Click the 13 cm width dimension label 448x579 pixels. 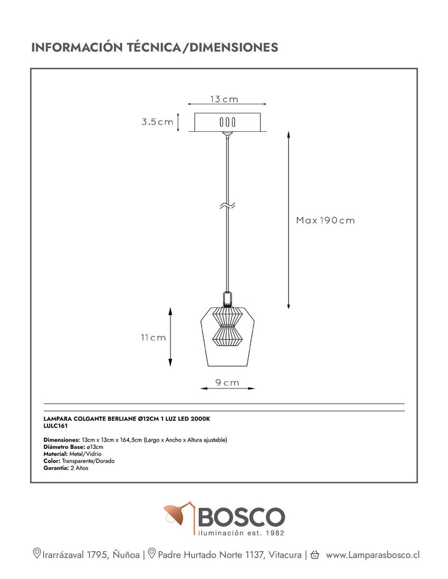click(224, 99)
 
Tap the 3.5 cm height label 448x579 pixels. click(157, 122)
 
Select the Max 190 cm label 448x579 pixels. click(326, 221)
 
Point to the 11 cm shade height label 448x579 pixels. click(153, 338)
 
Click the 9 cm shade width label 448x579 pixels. click(227, 383)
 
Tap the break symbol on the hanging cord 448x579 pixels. click(228, 206)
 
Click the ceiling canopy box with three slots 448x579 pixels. click(228, 122)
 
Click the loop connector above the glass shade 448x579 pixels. click(228, 299)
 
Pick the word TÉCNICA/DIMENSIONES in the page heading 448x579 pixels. click(202, 47)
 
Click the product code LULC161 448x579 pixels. click(56, 426)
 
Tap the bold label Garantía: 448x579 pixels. click(56, 468)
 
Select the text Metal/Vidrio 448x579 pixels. click(86, 454)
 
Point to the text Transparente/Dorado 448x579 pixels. click(88, 461)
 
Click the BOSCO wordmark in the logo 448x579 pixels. click(242, 517)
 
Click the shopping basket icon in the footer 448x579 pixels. click(315, 555)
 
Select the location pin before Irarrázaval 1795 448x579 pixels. click(37, 553)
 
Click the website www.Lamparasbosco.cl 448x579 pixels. click(373, 555)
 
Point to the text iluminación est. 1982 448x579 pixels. click(241, 533)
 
